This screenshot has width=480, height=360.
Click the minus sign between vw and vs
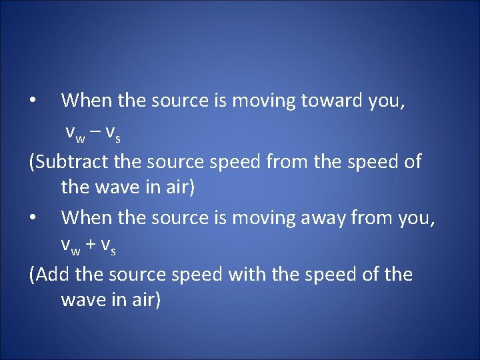click(95, 131)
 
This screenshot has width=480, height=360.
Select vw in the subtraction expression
click(75, 133)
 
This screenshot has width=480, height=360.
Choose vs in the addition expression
click(109, 247)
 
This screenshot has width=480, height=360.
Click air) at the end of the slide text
click(143, 300)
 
